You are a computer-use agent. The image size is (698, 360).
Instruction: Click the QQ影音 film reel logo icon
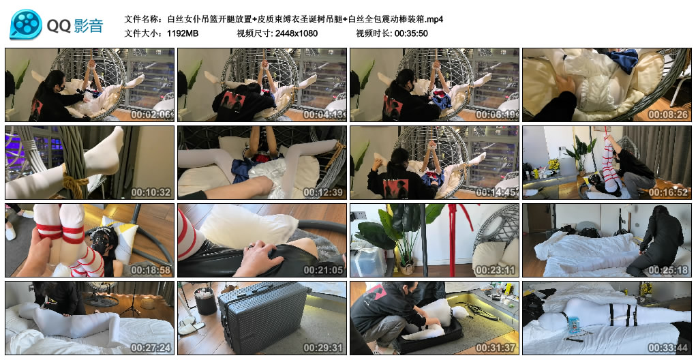click(x=25, y=25)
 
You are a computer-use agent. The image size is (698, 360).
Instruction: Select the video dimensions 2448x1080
click(x=297, y=33)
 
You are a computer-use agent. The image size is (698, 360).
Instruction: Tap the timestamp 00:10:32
click(x=153, y=193)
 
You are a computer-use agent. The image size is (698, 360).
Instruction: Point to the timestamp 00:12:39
click(x=325, y=193)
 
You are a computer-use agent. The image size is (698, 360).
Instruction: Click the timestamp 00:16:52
click(x=669, y=193)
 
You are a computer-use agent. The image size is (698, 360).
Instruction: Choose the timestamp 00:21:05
click(x=325, y=271)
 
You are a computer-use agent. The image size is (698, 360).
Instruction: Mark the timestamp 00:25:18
click(x=669, y=271)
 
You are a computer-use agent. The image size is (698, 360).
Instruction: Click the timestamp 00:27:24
click(x=153, y=348)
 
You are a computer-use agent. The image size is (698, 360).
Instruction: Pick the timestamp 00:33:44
click(x=669, y=348)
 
